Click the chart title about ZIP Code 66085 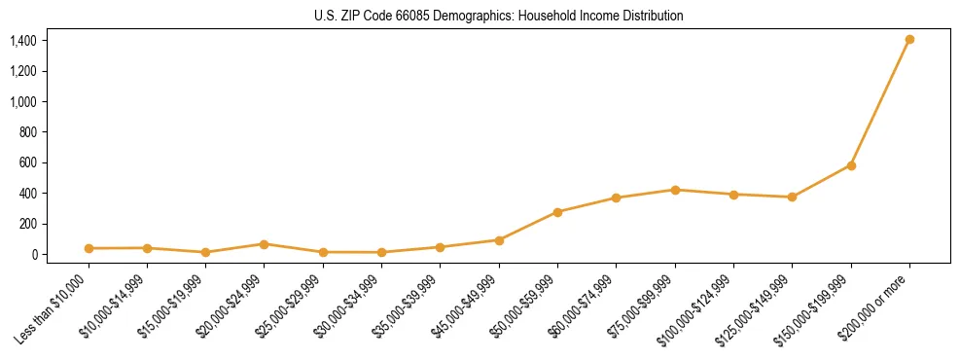point(498,16)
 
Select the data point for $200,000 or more point(909,40)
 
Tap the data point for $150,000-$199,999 point(851,165)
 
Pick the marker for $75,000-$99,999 point(675,190)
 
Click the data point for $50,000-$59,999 point(557,212)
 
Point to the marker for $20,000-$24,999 point(264,244)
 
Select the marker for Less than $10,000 point(89,248)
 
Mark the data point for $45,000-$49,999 point(499,240)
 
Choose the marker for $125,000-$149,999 point(792,198)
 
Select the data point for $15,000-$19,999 point(205,252)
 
